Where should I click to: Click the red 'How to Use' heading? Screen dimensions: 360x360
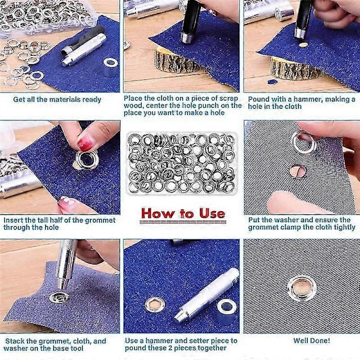(183, 214)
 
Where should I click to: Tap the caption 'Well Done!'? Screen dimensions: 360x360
(311, 341)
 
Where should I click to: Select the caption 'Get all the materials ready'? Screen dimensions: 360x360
(57, 100)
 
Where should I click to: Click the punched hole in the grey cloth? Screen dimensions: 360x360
(298, 171)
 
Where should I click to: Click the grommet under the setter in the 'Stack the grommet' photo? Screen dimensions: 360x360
(59, 298)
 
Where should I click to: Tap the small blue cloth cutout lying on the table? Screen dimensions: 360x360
(272, 82)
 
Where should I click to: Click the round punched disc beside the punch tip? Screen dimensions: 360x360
(303, 44)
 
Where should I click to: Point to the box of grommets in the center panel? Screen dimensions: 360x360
(181, 163)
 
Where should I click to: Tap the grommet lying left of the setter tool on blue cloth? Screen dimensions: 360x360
(155, 305)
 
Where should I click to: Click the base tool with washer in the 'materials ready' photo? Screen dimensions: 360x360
(110, 67)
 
